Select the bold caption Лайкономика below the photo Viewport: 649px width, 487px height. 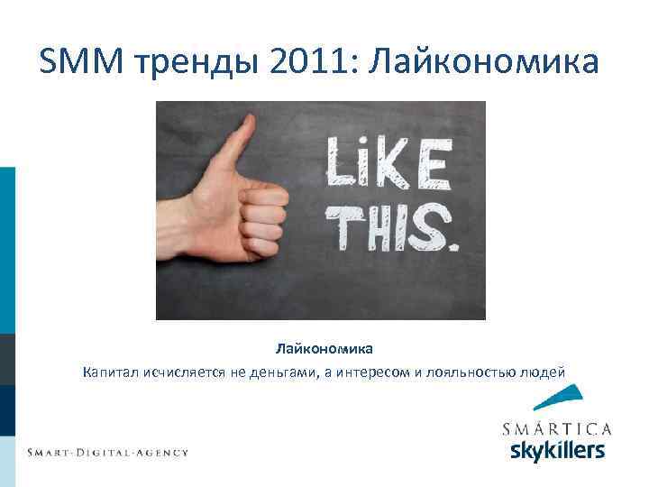[x=324, y=347]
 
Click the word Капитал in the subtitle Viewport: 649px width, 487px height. [x=110, y=371]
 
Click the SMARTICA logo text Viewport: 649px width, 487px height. [x=556, y=427]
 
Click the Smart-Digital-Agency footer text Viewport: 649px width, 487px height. [x=107, y=452]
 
